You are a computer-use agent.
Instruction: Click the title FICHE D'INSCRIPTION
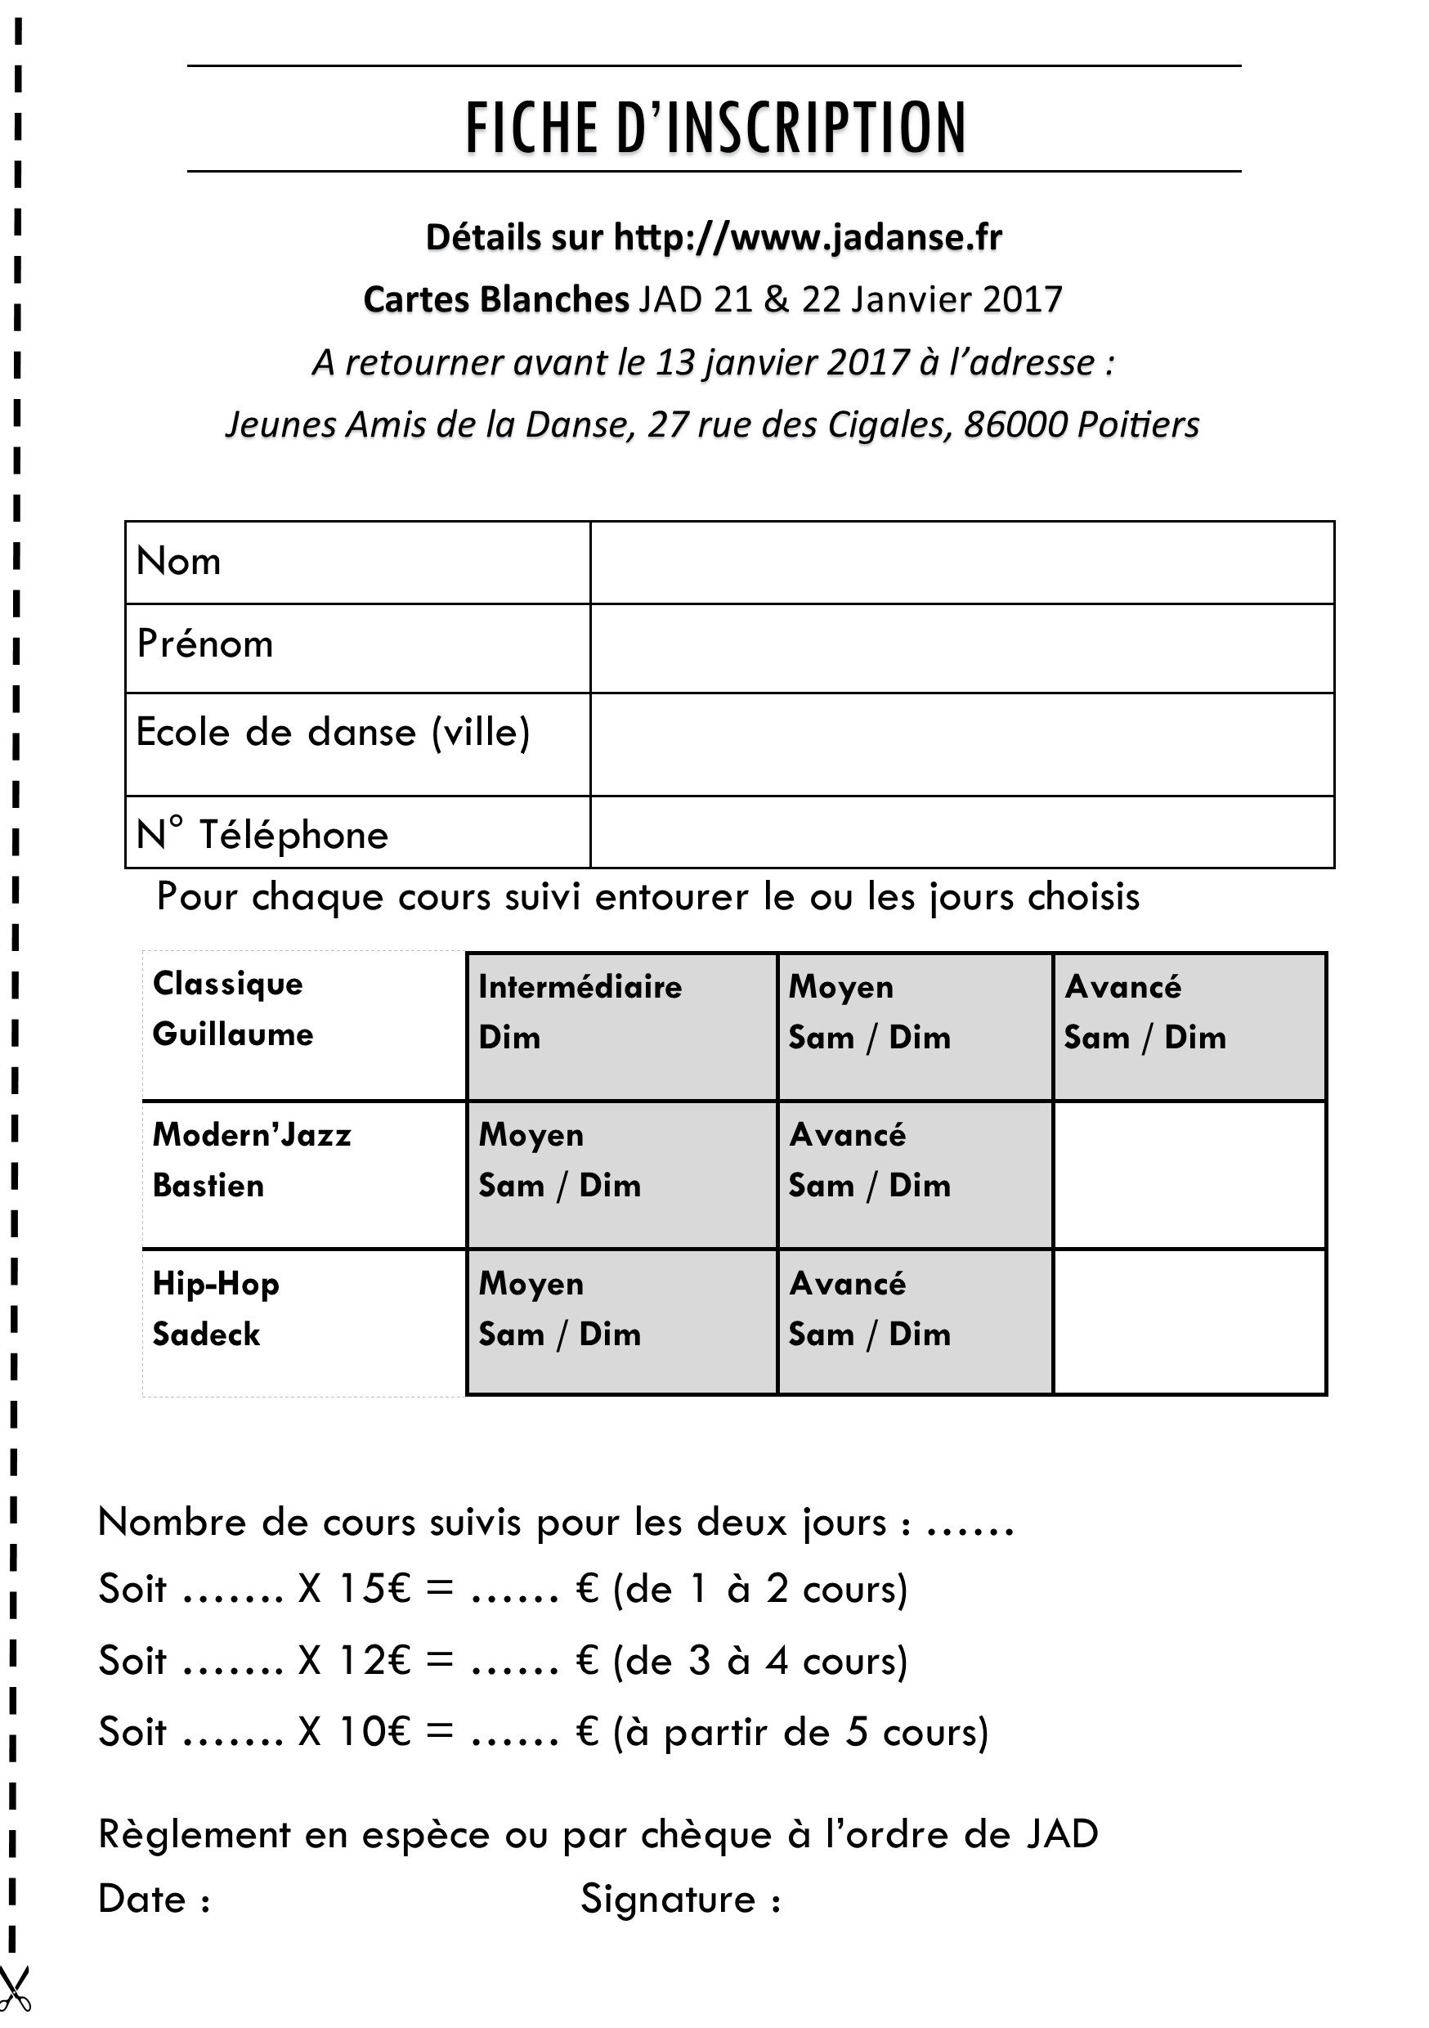[x=714, y=128]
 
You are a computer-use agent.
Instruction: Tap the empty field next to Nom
[x=961, y=563]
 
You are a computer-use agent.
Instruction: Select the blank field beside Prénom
[x=961, y=648]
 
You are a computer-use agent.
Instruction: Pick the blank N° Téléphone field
[x=961, y=831]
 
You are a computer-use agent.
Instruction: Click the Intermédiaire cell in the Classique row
[x=620, y=1025]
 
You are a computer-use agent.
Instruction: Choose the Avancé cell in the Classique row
[x=1189, y=1025]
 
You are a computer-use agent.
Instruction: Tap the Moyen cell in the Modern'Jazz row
[x=620, y=1174]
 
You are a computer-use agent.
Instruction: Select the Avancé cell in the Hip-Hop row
[x=914, y=1322]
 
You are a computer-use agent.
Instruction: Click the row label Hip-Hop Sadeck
[x=216, y=1309]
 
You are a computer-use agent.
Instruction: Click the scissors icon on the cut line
[x=14, y=1987]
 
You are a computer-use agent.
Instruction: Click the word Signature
[x=668, y=1899]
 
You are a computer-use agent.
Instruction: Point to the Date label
[x=143, y=1899]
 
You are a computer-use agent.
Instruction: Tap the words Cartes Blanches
[x=495, y=300]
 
